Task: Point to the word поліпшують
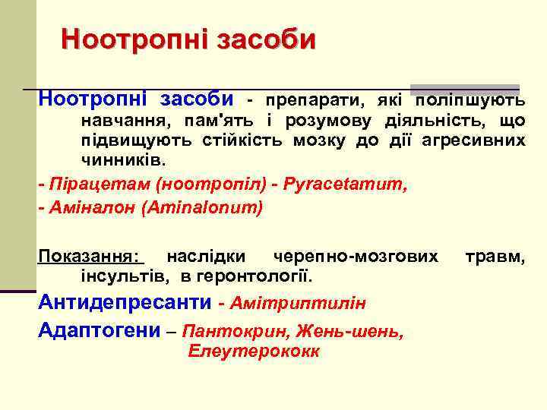click(x=469, y=100)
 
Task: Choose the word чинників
click(x=122, y=162)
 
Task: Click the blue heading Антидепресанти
click(x=125, y=303)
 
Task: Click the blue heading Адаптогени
click(x=100, y=331)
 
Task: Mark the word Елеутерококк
click(x=254, y=352)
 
